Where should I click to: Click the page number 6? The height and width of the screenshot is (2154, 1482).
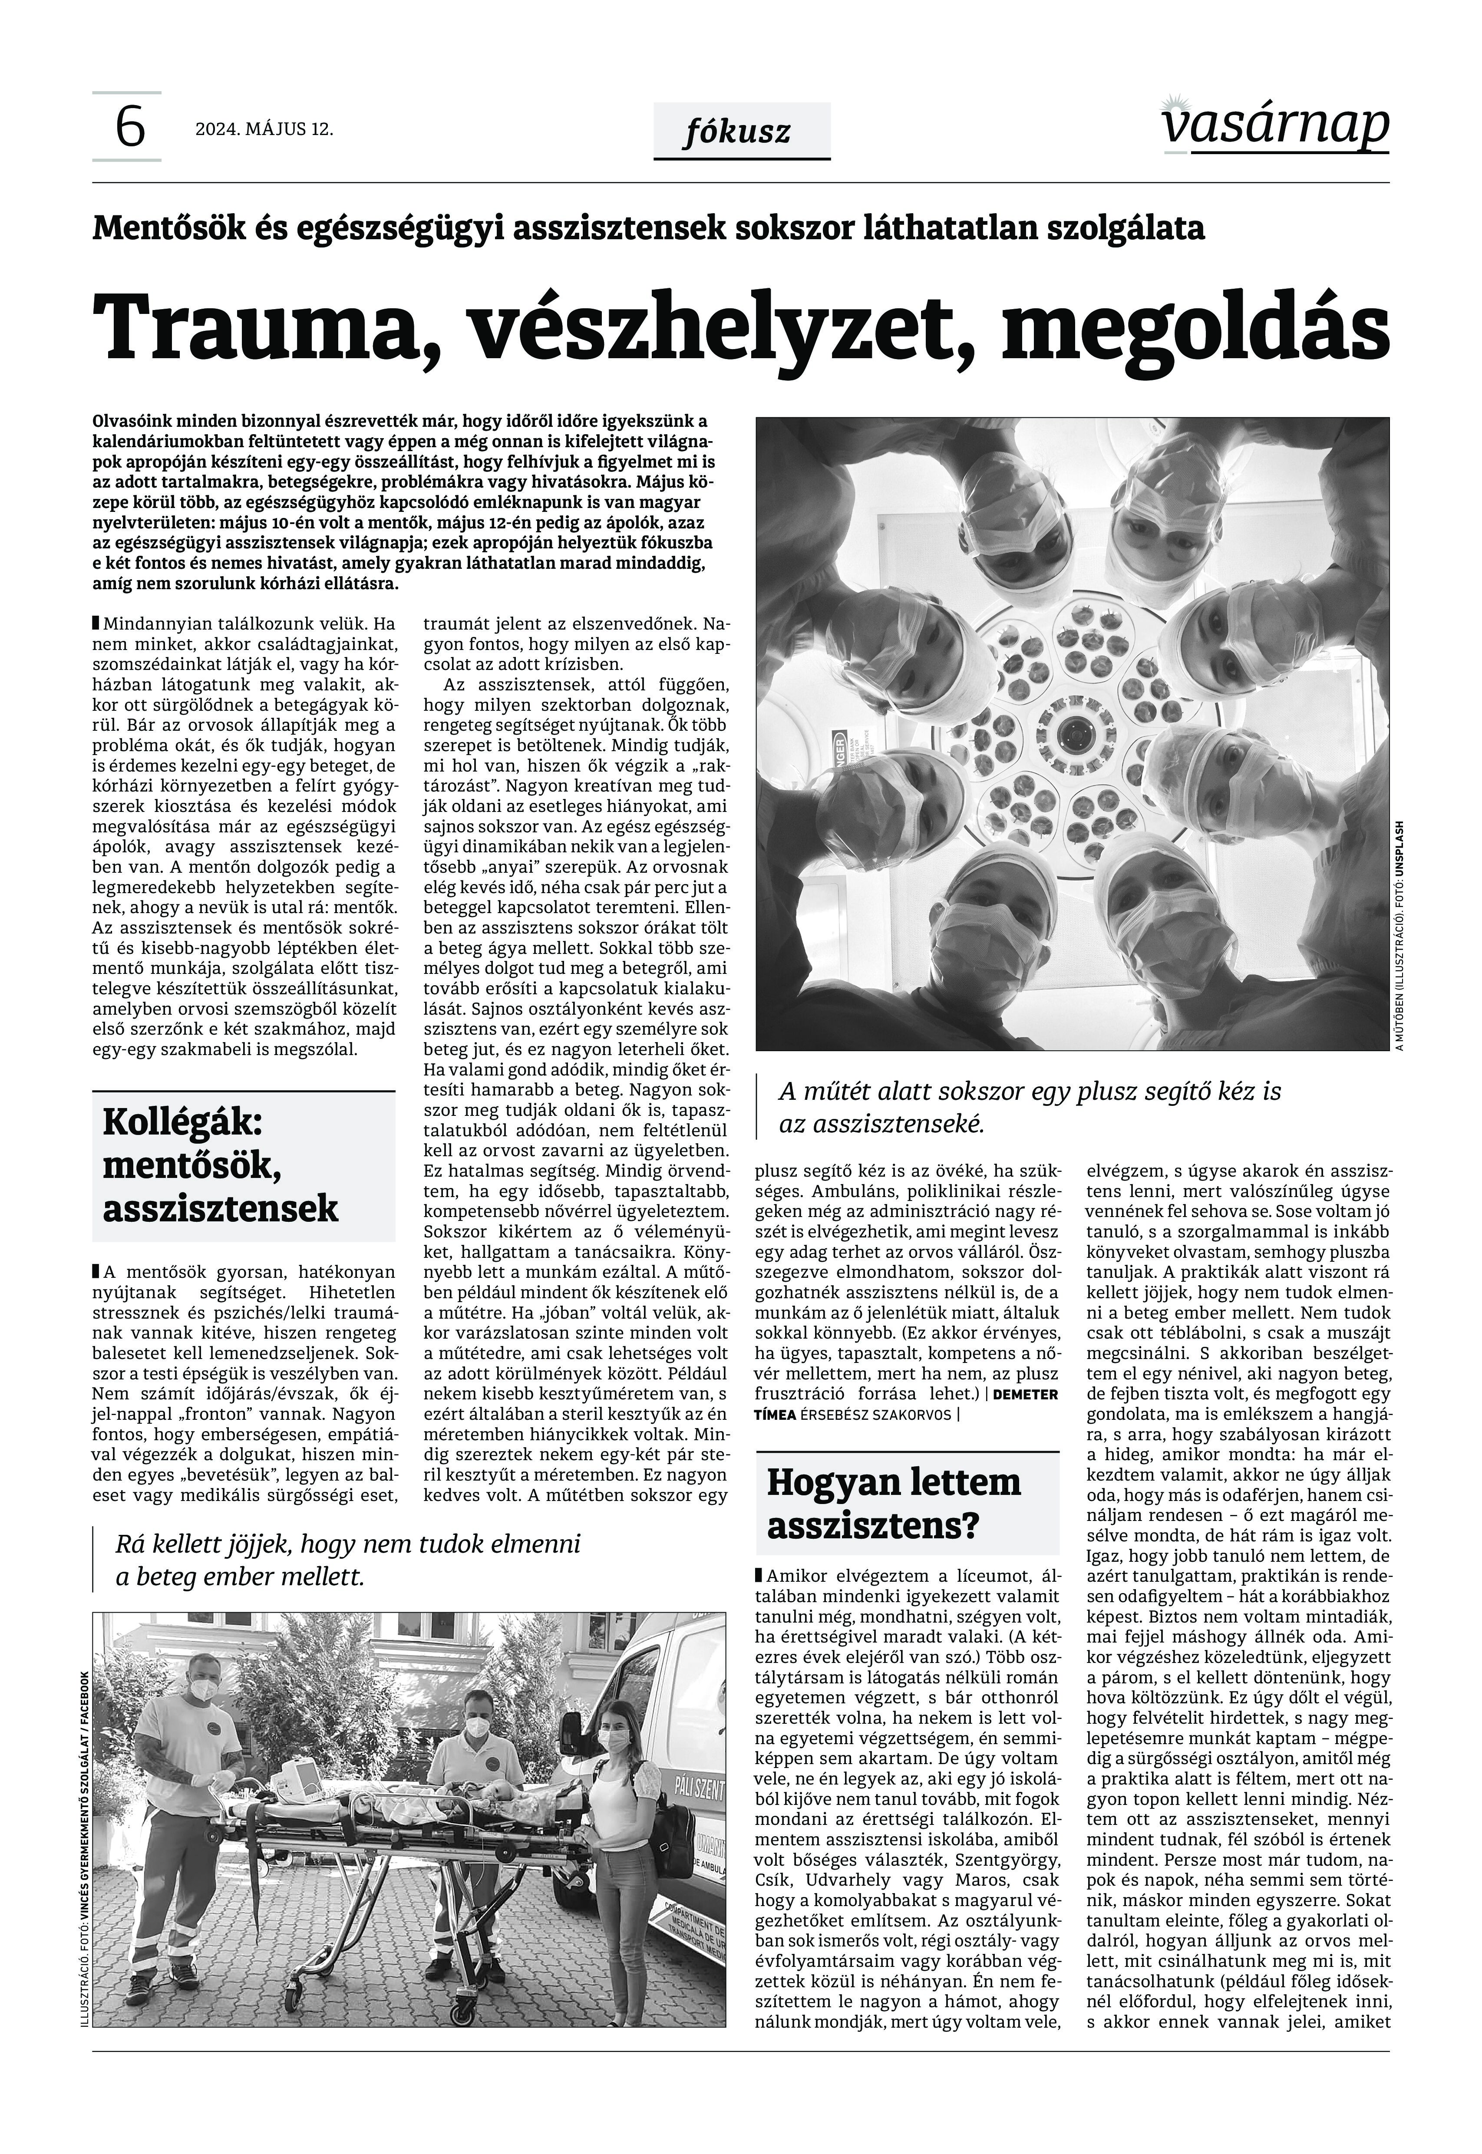[x=130, y=127]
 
